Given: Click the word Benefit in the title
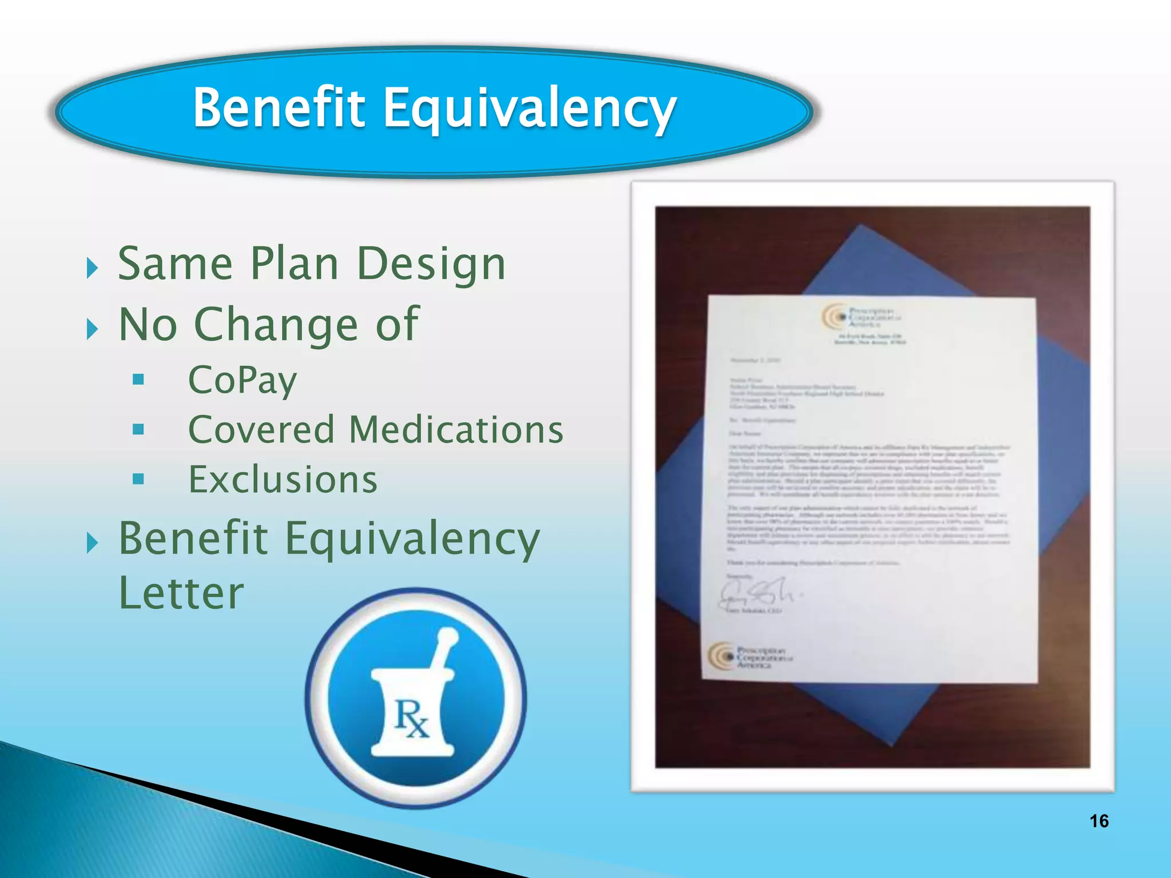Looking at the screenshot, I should [x=278, y=107].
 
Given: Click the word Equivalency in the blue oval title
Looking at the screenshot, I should [x=529, y=110].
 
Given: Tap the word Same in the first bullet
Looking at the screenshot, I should [x=175, y=264].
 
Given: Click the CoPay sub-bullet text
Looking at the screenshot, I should [x=242, y=380].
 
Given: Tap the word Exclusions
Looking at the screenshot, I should [x=283, y=480].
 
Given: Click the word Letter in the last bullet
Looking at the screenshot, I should [x=181, y=593].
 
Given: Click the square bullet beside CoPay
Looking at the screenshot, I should [x=138, y=380].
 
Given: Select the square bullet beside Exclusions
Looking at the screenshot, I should [x=138, y=479].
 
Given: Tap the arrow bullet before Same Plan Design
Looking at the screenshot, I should [x=92, y=268].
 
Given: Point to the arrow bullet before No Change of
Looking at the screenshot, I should [x=92, y=329].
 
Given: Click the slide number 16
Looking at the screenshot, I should [x=1099, y=821].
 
